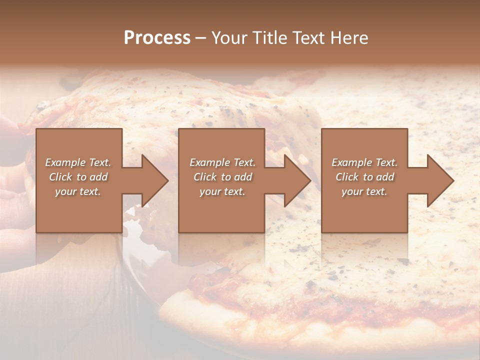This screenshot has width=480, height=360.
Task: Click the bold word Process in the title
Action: [157, 38]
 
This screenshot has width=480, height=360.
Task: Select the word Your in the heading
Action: [231, 38]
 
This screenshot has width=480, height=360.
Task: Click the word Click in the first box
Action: [60, 177]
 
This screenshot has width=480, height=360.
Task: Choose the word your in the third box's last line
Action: [352, 191]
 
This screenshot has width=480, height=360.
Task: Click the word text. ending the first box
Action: [89, 191]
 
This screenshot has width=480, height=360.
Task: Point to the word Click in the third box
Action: [347, 177]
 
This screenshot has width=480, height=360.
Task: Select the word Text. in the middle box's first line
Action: [244, 162]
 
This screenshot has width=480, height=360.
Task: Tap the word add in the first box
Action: [98, 177]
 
